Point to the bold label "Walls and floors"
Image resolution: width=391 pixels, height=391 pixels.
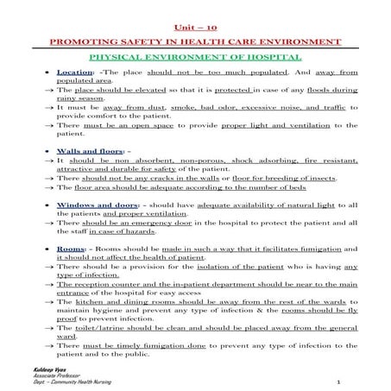click(x=89, y=150)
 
